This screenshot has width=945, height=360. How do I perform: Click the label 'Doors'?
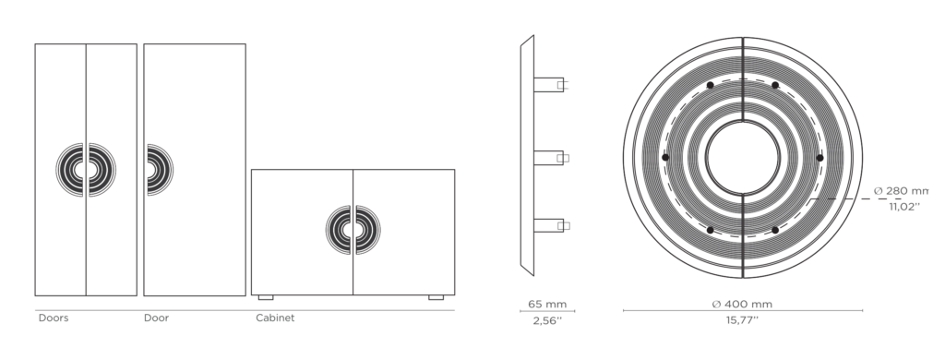point(54,318)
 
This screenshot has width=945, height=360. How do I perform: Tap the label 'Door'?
point(156,318)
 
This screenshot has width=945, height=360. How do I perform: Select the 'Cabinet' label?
point(275,318)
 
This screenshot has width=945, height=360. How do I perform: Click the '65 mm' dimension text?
point(547,304)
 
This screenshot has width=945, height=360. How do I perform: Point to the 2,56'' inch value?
point(547,321)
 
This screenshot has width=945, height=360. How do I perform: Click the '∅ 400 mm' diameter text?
point(742,304)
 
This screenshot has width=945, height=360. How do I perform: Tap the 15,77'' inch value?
point(742,320)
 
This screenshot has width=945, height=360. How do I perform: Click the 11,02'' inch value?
point(904,206)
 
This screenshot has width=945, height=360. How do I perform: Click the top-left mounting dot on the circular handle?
point(710,85)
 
